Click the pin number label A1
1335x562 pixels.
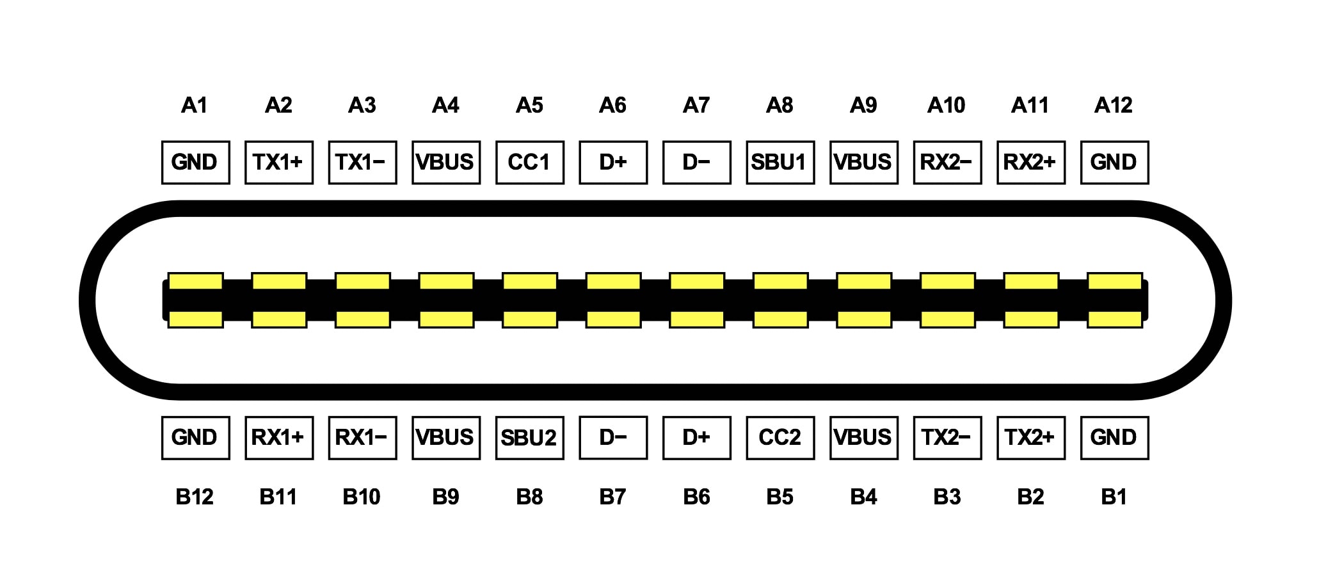pos(195,105)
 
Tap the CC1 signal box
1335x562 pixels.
pos(529,163)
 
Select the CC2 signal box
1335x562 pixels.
pos(780,438)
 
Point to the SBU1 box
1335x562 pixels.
pos(780,163)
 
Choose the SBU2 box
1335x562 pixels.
pos(529,438)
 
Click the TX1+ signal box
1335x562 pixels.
pos(278,163)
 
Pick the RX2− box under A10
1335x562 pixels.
pos(947,163)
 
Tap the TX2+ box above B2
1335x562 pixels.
pos(1030,438)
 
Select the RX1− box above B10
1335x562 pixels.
pos(362,438)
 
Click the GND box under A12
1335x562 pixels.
pos(1114,163)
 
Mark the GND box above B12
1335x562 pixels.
pos(195,438)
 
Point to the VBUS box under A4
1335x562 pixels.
pos(446,163)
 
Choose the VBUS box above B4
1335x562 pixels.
pos(863,438)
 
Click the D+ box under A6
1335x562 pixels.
pos(613,163)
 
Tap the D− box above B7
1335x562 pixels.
pos(613,438)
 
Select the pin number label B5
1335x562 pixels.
pos(780,497)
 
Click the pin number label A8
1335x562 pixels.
pos(780,105)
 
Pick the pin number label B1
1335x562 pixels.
pos(1114,497)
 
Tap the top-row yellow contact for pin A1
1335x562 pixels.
pos(195,281)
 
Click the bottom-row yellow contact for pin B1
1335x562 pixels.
pos(1114,319)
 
